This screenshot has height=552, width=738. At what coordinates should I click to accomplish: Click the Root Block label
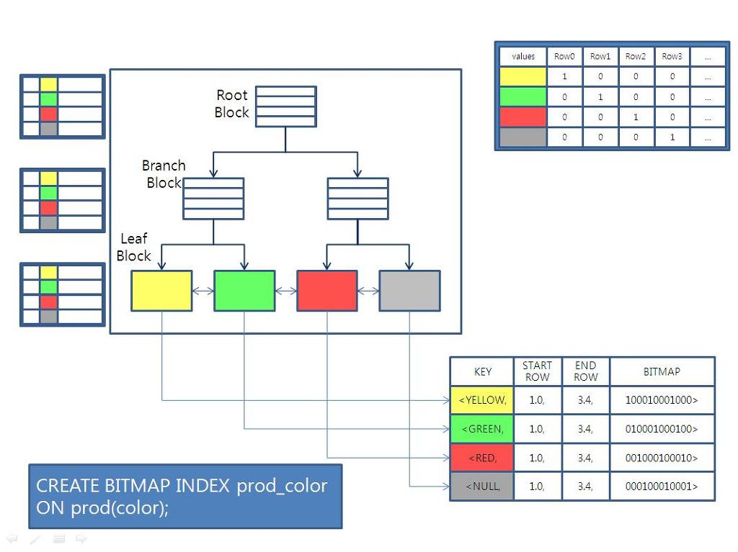(x=231, y=104)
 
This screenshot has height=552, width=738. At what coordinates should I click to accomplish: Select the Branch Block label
(x=164, y=174)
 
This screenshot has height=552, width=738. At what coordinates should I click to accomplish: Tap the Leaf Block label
(x=134, y=247)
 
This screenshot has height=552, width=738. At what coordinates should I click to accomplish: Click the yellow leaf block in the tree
(x=161, y=291)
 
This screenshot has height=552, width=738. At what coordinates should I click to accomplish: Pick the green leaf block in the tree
(x=244, y=291)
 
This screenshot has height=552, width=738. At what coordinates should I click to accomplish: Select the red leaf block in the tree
(x=327, y=291)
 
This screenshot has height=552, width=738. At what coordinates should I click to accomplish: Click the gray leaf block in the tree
(x=409, y=291)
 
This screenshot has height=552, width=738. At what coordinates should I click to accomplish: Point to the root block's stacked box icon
(x=285, y=107)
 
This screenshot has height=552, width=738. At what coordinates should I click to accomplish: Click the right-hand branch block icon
(x=357, y=199)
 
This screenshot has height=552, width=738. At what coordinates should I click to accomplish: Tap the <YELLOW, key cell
(x=482, y=400)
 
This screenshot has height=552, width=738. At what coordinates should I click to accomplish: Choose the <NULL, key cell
(x=482, y=487)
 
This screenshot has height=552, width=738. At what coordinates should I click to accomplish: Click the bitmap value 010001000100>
(x=662, y=429)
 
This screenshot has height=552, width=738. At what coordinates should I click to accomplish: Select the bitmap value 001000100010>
(x=662, y=458)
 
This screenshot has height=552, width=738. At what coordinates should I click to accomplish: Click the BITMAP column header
(x=662, y=371)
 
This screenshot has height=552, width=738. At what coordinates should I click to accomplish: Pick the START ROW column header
(x=537, y=371)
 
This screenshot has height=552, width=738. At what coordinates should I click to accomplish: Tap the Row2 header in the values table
(x=635, y=56)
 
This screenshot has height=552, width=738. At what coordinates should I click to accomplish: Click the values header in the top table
(x=523, y=56)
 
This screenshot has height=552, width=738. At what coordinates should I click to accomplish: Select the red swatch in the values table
(x=523, y=117)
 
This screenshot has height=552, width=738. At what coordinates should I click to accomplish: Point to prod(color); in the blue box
(x=120, y=508)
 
